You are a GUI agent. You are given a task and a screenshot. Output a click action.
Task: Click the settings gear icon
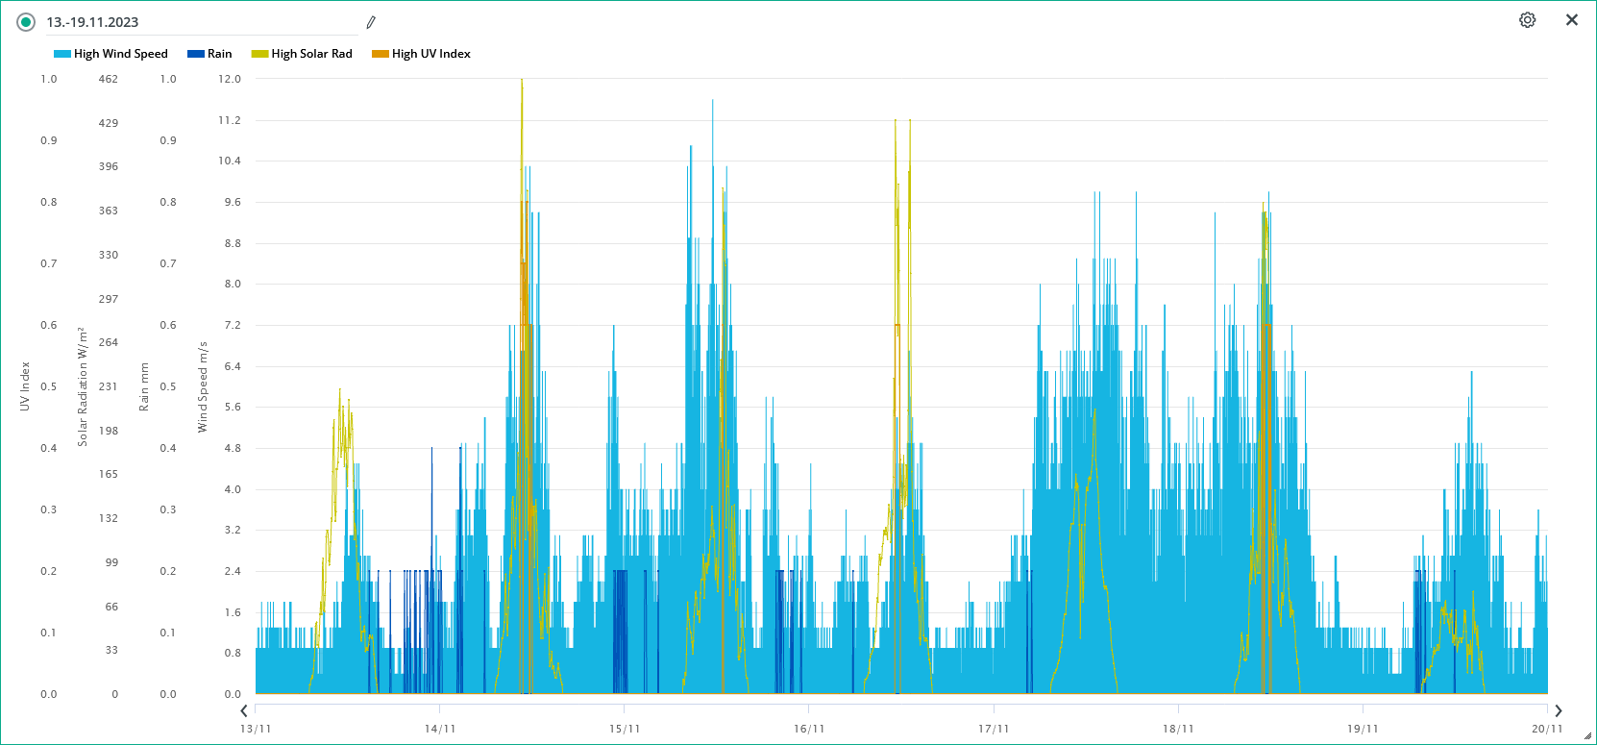(1527, 20)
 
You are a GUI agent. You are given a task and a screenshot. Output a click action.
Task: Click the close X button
(1572, 20)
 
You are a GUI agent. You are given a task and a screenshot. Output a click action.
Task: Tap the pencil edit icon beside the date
(371, 22)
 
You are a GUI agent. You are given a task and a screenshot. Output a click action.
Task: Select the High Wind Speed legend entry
(111, 54)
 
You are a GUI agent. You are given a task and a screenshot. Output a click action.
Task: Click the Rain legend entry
(210, 54)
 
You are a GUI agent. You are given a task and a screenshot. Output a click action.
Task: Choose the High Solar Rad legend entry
(302, 54)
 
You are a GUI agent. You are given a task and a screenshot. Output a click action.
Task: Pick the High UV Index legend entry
(421, 54)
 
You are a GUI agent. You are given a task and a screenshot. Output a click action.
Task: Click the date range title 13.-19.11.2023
(92, 22)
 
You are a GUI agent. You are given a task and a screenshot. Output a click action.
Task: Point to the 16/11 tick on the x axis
(809, 729)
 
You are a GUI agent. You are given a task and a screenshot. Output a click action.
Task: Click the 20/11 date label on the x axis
(1546, 729)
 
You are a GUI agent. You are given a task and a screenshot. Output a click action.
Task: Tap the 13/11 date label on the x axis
(256, 729)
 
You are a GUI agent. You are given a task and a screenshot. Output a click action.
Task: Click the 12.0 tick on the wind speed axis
(230, 79)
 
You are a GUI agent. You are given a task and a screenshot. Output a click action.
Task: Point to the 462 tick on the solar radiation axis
(109, 79)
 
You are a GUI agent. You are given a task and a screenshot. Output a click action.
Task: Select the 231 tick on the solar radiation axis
(109, 386)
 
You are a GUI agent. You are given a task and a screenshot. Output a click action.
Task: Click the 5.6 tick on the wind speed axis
(233, 407)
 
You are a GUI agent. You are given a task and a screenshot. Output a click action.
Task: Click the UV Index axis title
(25, 386)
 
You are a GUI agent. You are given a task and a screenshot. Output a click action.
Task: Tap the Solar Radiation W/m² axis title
(83, 386)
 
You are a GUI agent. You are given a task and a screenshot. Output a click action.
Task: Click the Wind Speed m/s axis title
(203, 386)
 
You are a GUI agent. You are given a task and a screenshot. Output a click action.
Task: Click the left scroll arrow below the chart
(244, 711)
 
